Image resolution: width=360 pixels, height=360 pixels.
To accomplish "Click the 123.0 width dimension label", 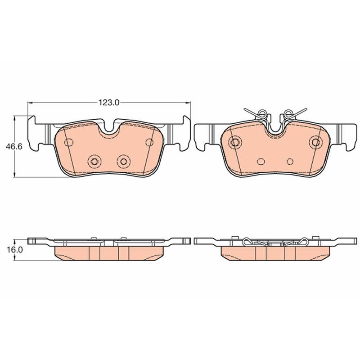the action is [x=109, y=103].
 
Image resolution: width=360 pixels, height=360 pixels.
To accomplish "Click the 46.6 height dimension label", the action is [x=14, y=147].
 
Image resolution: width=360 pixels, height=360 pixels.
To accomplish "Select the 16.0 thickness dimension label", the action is [x=14, y=250].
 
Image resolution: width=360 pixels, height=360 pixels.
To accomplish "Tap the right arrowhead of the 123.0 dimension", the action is [x=188, y=103].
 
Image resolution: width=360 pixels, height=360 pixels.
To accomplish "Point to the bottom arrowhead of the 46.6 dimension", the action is [x=15, y=174].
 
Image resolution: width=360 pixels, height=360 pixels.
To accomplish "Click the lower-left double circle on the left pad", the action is [x=94, y=162].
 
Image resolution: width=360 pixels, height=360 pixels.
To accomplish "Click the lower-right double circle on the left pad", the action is [x=124, y=162].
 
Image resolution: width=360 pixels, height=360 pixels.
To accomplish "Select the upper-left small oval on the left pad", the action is [x=69, y=143].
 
